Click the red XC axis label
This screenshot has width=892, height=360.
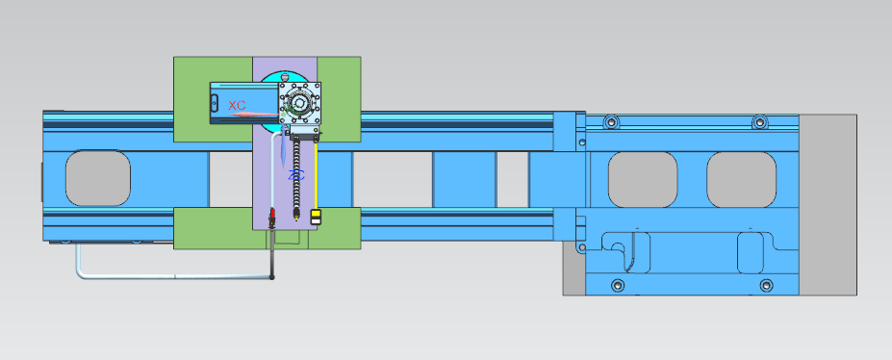(237, 105)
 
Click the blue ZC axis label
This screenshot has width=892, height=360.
(296, 175)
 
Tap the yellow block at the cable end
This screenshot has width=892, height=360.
(316, 217)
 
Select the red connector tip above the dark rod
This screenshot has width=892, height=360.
(272, 215)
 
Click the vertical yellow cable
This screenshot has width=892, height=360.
(316, 175)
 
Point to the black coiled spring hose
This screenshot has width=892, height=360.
(295, 176)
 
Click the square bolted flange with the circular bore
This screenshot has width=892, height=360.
(300, 103)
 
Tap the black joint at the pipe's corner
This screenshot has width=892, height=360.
(272, 277)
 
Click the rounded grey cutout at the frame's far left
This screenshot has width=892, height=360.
(98, 178)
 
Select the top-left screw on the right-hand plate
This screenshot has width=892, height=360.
(612, 121)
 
